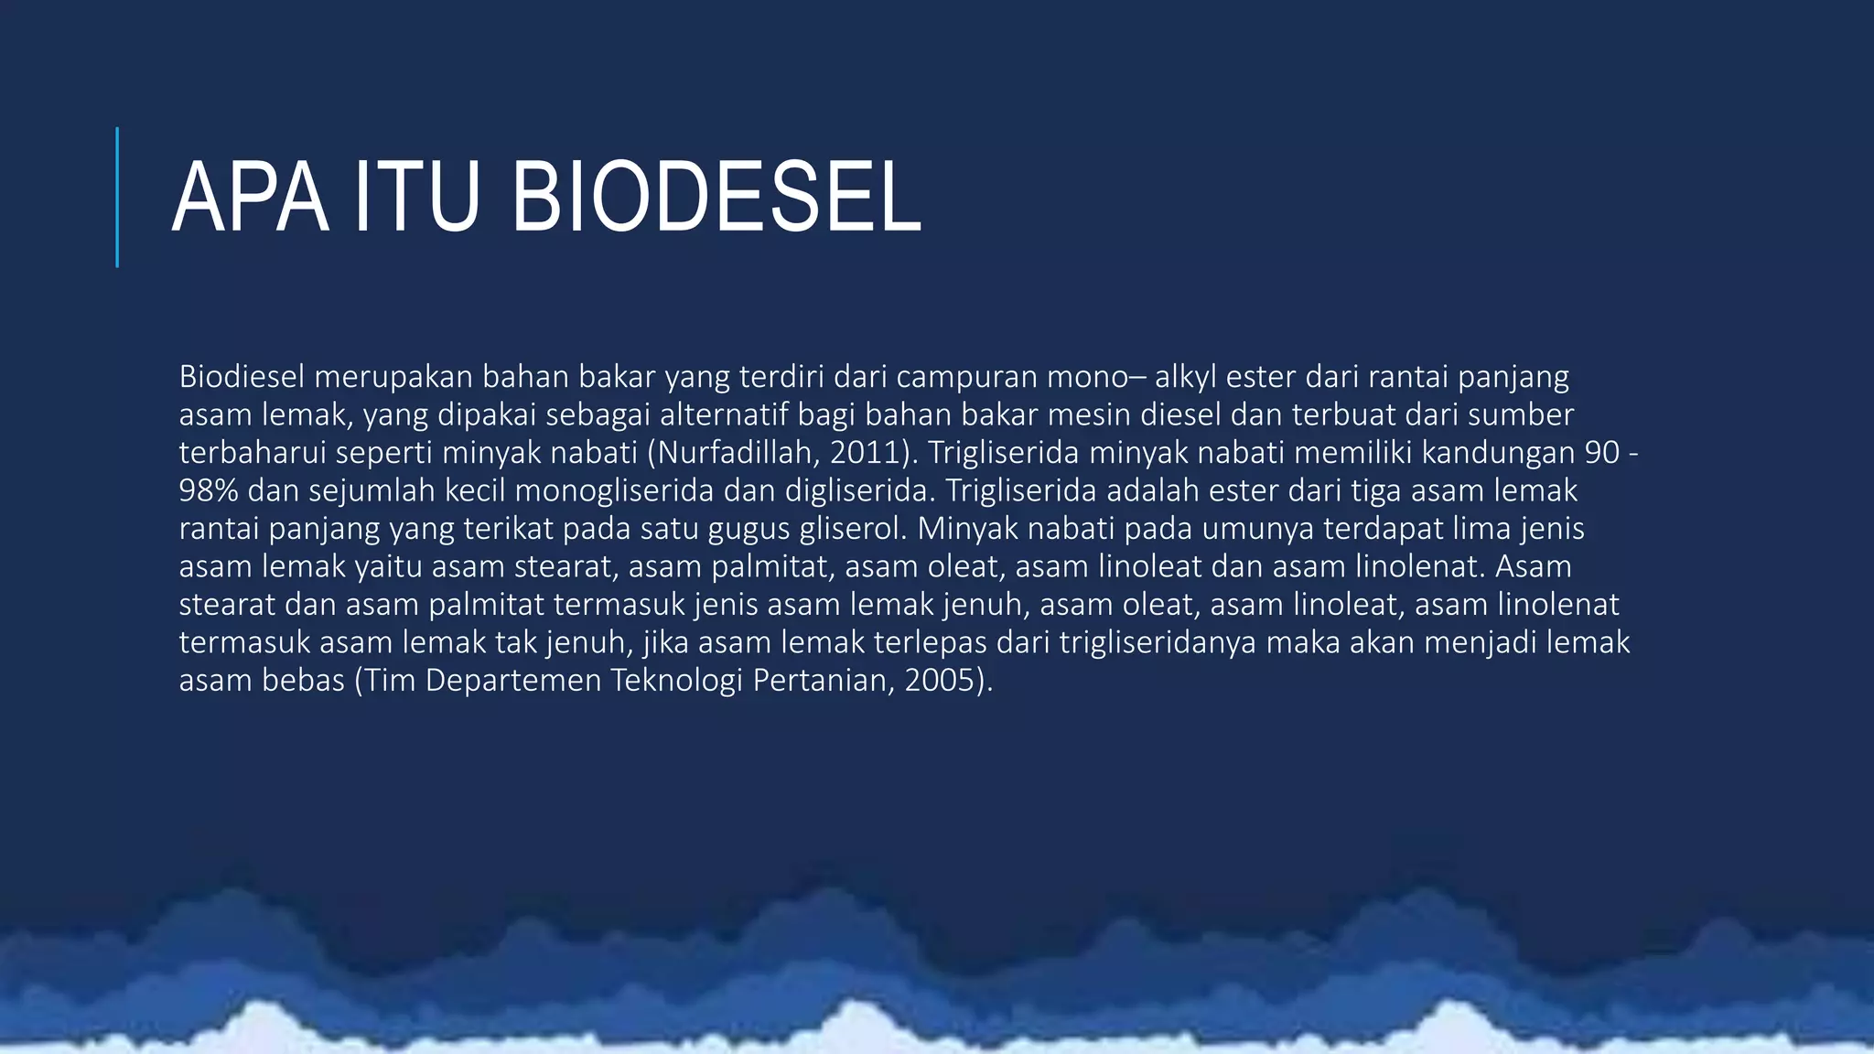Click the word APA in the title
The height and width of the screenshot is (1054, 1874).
(249, 198)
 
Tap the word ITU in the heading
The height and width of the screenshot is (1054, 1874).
(416, 198)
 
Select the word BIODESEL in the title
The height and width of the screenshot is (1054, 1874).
(716, 198)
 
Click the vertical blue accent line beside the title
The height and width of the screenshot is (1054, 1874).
(117, 198)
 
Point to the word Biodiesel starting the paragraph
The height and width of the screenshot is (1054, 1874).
(242, 377)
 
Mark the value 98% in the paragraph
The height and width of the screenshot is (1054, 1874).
(209, 491)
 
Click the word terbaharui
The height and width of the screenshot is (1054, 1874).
(242, 453)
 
